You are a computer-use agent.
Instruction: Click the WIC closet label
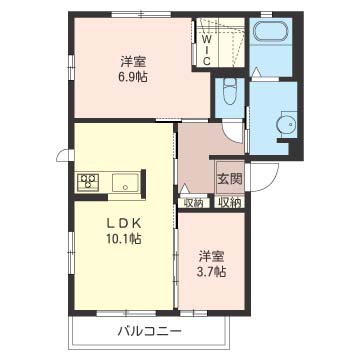click(207, 50)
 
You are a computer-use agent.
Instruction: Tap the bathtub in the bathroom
click(271, 33)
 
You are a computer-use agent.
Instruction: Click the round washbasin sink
click(286, 124)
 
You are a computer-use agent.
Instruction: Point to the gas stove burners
click(89, 182)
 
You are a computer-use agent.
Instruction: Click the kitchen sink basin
click(126, 183)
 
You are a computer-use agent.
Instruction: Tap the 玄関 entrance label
click(230, 179)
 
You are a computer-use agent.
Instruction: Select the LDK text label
click(124, 224)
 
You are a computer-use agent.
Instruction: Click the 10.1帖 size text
click(124, 239)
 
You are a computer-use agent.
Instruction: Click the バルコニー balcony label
click(150, 331)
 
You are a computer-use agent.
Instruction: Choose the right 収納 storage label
click(230, 203)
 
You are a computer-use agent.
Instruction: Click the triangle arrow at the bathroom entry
click(256, 72)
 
